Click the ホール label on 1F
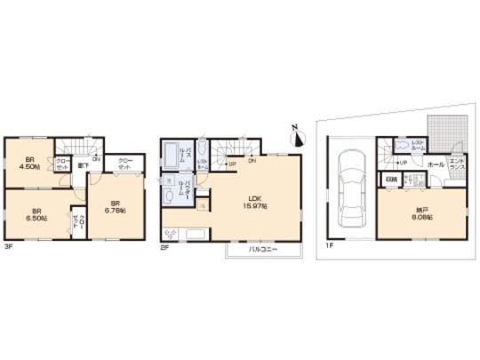(x=436, y=164)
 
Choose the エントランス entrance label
(x=456, y=164)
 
